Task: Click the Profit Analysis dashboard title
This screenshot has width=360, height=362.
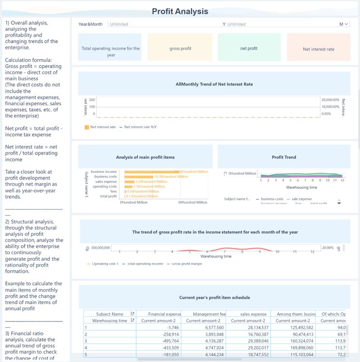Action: click(x=180, y=11)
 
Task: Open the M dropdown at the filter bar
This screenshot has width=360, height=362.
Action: click(x=344, y=24)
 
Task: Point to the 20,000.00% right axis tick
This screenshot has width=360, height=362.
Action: click(x=330, y=99)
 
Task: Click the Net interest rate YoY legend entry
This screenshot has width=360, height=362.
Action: click(x=140, y=127)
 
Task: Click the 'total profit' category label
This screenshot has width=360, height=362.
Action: click(x=108, y=196)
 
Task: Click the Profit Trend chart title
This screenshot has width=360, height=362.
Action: click(x=284, y=157)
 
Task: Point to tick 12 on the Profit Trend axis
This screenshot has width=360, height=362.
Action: click(x=342, y=180)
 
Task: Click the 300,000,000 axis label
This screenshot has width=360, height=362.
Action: click(x=100, y=248)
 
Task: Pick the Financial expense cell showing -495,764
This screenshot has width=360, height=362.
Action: click(x=157, y=340)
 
